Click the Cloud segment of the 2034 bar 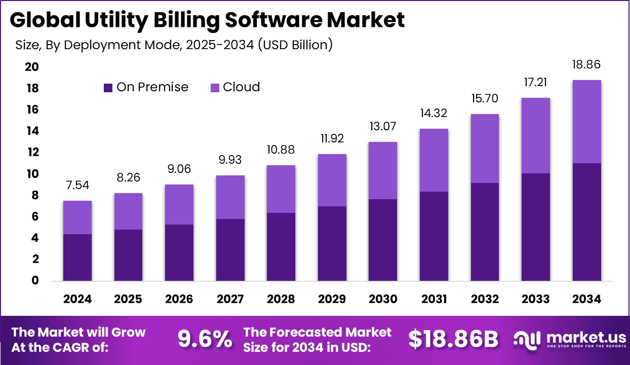tap(587, 122)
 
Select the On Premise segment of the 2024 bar tap(77, 258)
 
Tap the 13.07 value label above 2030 tap(383, 126)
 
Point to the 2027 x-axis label tap(230, 299)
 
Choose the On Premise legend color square tap(108, 88)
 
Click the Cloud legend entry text tap(241, 87)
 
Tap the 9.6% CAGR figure tap(205, 339)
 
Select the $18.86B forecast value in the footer tap(453, 339)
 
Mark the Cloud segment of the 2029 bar tap(332, 180)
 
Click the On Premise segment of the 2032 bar tap(485, 232)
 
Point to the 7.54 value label tap(77, 185)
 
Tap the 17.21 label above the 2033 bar tap(536, 82)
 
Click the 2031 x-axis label tap(434, 299)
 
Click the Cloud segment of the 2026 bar tap(179, 204)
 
